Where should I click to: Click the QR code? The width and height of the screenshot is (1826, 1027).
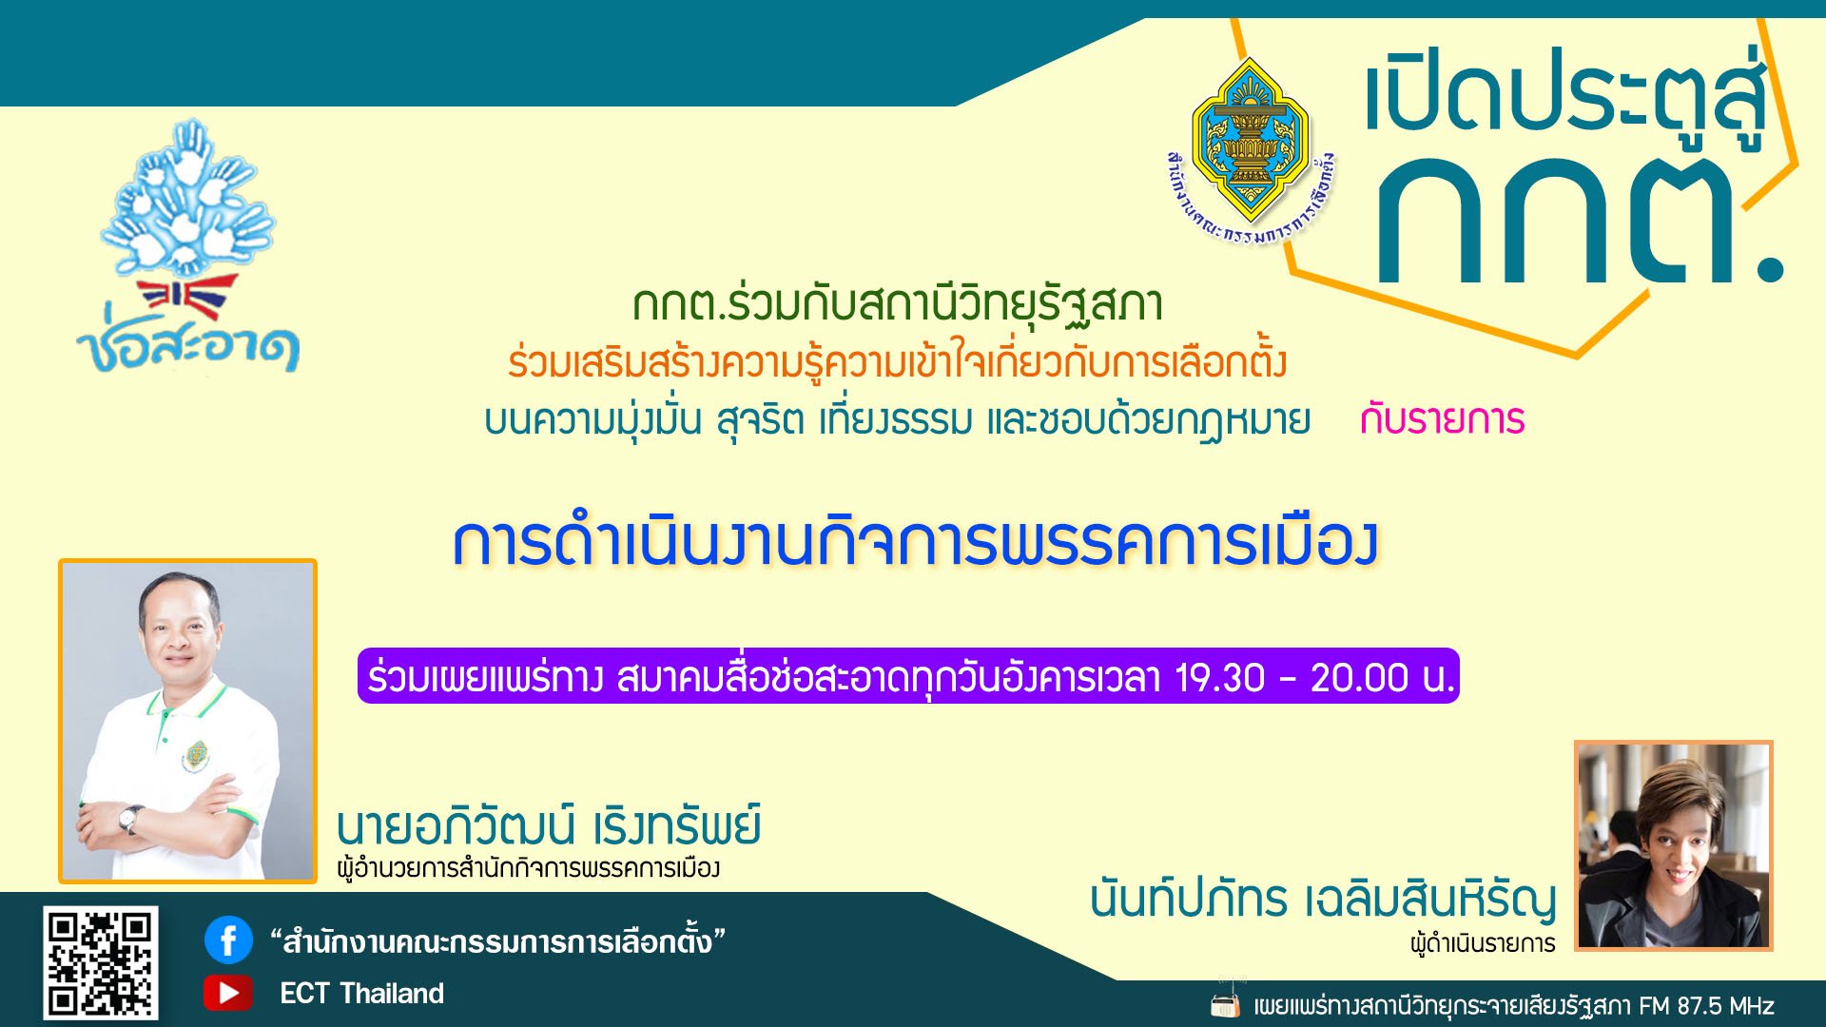pos(100,962)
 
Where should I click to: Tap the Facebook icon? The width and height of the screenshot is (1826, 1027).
pos(228,940)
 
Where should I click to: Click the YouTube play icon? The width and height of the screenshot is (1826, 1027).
pos(228,993)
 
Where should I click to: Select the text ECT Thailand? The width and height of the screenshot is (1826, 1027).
pos(361,994)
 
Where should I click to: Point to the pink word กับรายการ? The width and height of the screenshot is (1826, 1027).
pos(1442,419)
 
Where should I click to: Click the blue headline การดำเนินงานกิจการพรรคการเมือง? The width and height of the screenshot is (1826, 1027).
pos(915,543)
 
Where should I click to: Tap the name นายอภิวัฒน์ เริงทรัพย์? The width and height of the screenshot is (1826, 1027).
pos(549,825)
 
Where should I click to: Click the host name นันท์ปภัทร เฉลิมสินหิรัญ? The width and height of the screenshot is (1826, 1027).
pos(1323,899)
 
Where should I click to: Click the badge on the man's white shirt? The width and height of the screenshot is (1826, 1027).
pos(196,757)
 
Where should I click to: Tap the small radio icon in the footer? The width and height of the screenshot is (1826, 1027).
pos(1226,1003)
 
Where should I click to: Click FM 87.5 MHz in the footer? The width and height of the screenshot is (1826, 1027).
pos(1706,1006)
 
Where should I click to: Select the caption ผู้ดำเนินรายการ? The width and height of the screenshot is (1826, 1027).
pos(1483,943)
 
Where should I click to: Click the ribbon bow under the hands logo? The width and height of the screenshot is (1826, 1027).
pos(187,299)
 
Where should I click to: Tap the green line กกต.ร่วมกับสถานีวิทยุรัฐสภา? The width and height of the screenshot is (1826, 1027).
pos(898,304)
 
